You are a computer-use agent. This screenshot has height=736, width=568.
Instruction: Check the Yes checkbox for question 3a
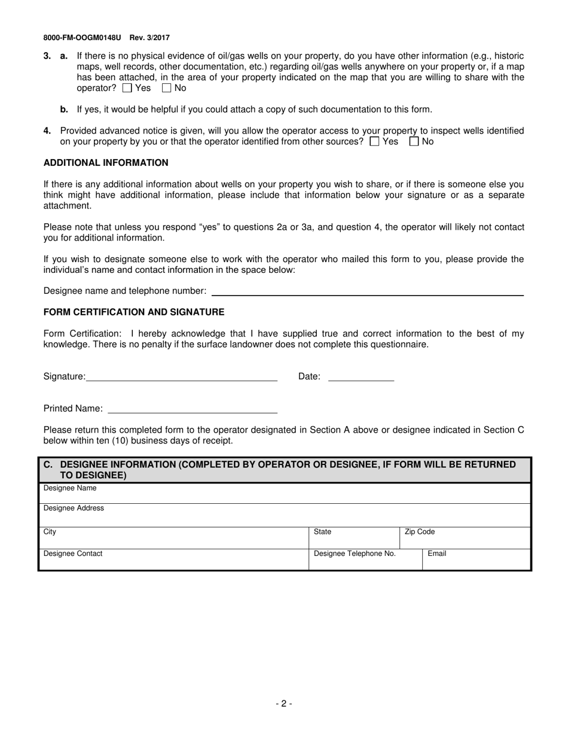(x=127, y=88)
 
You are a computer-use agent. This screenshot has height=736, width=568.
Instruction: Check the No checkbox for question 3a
(x=167, y=88)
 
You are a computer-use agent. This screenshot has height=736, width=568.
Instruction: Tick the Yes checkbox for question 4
(x=375, y=142)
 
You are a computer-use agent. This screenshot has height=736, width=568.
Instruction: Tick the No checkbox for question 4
(x=414, y=142)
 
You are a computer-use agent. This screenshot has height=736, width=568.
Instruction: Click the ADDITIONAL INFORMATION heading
(x=106, y=163)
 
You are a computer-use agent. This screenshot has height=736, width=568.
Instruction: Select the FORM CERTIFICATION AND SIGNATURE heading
(x=134, y=312)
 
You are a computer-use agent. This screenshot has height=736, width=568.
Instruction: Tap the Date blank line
(x=361, y=376)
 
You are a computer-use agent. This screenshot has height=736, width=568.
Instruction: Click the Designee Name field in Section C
(x=284, y=494)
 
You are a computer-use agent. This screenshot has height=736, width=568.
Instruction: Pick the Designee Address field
(x=284, y=516)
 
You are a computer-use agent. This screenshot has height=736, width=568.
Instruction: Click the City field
(x=173, y=539)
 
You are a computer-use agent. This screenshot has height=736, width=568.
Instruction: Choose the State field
(x=354, y=539)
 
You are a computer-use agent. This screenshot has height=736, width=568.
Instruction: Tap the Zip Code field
(x=465, y=539)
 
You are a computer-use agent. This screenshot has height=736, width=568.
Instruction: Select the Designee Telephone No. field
(x=365, y=561)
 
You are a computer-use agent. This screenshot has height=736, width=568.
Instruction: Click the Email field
(x=476, y=561)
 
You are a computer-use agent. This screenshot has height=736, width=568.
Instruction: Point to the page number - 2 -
(x=284, y=704)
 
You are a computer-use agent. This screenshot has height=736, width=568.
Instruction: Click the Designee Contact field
(x=173, y=561)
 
